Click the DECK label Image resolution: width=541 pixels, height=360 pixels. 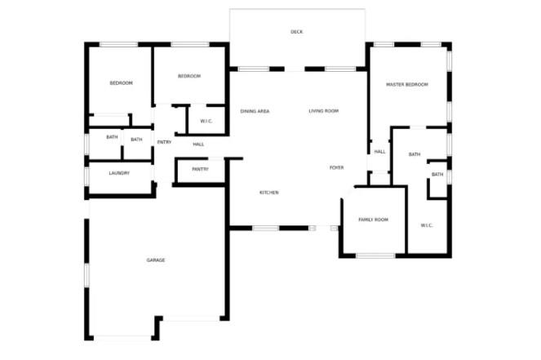(x=296, y=32)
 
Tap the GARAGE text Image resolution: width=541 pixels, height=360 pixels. (x=156, y=260)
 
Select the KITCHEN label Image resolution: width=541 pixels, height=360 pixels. (x=268, y=193)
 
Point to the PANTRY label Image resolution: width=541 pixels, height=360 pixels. (x=200, y=170)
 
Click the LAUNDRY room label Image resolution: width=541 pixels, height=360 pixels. (x=119, y=173)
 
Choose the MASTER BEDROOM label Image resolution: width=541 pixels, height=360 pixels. (x=407, y=85)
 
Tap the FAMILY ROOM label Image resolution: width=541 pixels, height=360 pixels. (x=374, y=220)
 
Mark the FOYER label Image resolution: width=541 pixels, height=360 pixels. (x=336, y=167)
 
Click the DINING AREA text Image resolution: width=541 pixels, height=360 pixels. (x=255, y=112)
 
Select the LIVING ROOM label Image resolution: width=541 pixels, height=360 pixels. (x=323, y=111)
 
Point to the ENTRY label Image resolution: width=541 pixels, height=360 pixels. (x=164, y=142)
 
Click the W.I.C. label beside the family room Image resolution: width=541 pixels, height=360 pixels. (x=427, y=226)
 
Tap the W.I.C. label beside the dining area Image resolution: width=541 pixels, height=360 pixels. (x=206, y=122)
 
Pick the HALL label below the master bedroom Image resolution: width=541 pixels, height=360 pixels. (x=380, y=152)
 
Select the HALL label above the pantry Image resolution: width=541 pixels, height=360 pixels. (x=198, y=144)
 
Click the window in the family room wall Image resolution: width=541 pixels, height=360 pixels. (x=375, y=256)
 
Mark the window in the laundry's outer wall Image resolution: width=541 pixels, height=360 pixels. (x=86, y=176)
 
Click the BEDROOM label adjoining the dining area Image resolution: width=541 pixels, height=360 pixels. (x=189, y=76)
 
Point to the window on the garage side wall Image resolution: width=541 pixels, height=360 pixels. (x=86, y=276)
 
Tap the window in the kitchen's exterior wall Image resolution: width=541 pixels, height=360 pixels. (x=266, y=228)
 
